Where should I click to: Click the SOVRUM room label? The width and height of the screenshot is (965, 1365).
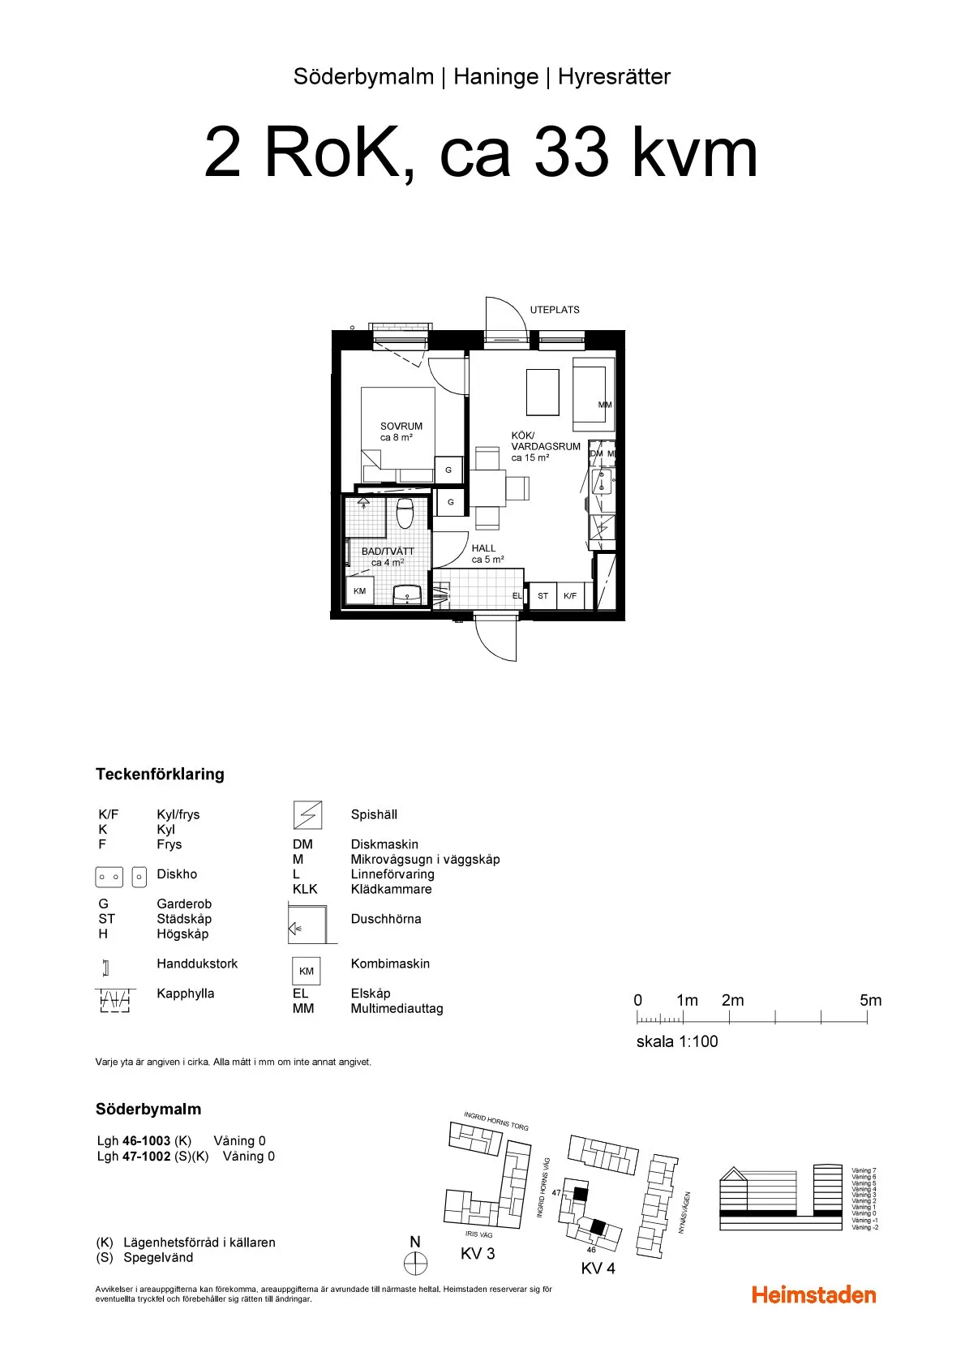pos(401,427)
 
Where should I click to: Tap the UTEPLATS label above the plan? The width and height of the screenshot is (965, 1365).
pos(555,310)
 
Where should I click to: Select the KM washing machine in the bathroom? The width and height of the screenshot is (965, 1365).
pos(359,591)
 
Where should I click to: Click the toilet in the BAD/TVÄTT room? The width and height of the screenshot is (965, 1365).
pos(405,513)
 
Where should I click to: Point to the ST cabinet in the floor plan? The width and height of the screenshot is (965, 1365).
pos(543,596)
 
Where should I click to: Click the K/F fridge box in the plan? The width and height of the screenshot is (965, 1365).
pos(570,596)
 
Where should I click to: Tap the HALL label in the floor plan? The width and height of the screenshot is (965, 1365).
pos(483,548)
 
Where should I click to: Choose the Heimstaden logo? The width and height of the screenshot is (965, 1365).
pos(813,1294)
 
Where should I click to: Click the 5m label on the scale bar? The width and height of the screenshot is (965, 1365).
pos(870,1000)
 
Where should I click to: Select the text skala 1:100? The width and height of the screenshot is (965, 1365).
pos(677,1041)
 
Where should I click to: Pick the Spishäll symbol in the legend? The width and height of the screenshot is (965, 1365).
pos(307,814)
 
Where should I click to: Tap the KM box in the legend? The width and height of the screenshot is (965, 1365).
pos(307,971)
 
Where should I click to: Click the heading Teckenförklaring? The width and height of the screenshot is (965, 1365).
pos(160,774)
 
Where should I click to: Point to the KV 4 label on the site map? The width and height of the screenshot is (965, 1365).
pos(598,1268)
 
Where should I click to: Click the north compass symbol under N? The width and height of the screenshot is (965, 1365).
pos(415,1263)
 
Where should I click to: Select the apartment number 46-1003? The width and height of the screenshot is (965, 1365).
pos(146,1140)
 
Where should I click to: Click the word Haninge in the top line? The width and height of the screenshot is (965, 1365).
pos(495,77)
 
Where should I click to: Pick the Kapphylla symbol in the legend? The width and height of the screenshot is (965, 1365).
pos(114,1000)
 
